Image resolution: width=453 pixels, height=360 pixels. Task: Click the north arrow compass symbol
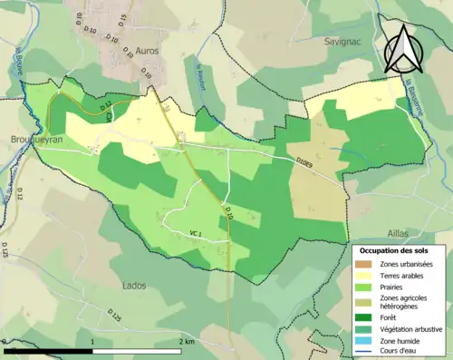(403, 50)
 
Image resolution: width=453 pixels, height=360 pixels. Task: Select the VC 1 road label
(195, 234)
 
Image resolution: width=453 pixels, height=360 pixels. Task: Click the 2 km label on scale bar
(188, 342)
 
